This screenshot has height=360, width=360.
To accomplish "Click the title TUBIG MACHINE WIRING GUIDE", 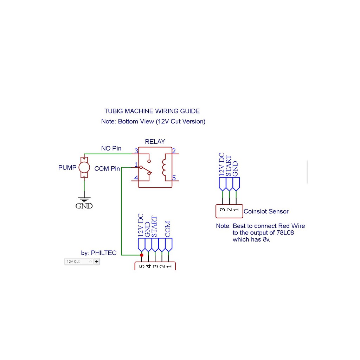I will click(152, 111).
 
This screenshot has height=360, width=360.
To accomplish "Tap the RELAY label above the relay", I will click(155, 142).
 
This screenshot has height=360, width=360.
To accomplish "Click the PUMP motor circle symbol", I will click(84, 167).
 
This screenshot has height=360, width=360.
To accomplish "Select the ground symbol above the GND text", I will click(84, 199).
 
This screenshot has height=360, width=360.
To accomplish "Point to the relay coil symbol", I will click(164, 167).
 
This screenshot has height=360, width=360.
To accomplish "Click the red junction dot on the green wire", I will click(142, 255).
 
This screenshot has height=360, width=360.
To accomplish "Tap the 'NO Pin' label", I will click(111, 149).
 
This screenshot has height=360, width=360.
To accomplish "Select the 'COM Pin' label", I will click(107, 169).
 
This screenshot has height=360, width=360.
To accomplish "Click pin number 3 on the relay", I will click(136, 151).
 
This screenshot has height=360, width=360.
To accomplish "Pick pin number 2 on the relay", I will click(174, 151).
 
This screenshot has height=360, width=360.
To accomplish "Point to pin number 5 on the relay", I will click(174, 178).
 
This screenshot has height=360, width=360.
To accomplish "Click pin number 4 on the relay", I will click(136, 178).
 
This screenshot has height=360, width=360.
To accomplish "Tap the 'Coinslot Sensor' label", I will click(266, 212).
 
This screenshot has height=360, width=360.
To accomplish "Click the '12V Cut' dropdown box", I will click(79, 262).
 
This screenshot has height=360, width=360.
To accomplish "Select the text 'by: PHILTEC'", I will click(98, 253).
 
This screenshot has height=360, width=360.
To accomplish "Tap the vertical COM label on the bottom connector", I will click(168, 229).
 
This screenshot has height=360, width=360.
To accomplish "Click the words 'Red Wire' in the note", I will click(291, 226).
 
